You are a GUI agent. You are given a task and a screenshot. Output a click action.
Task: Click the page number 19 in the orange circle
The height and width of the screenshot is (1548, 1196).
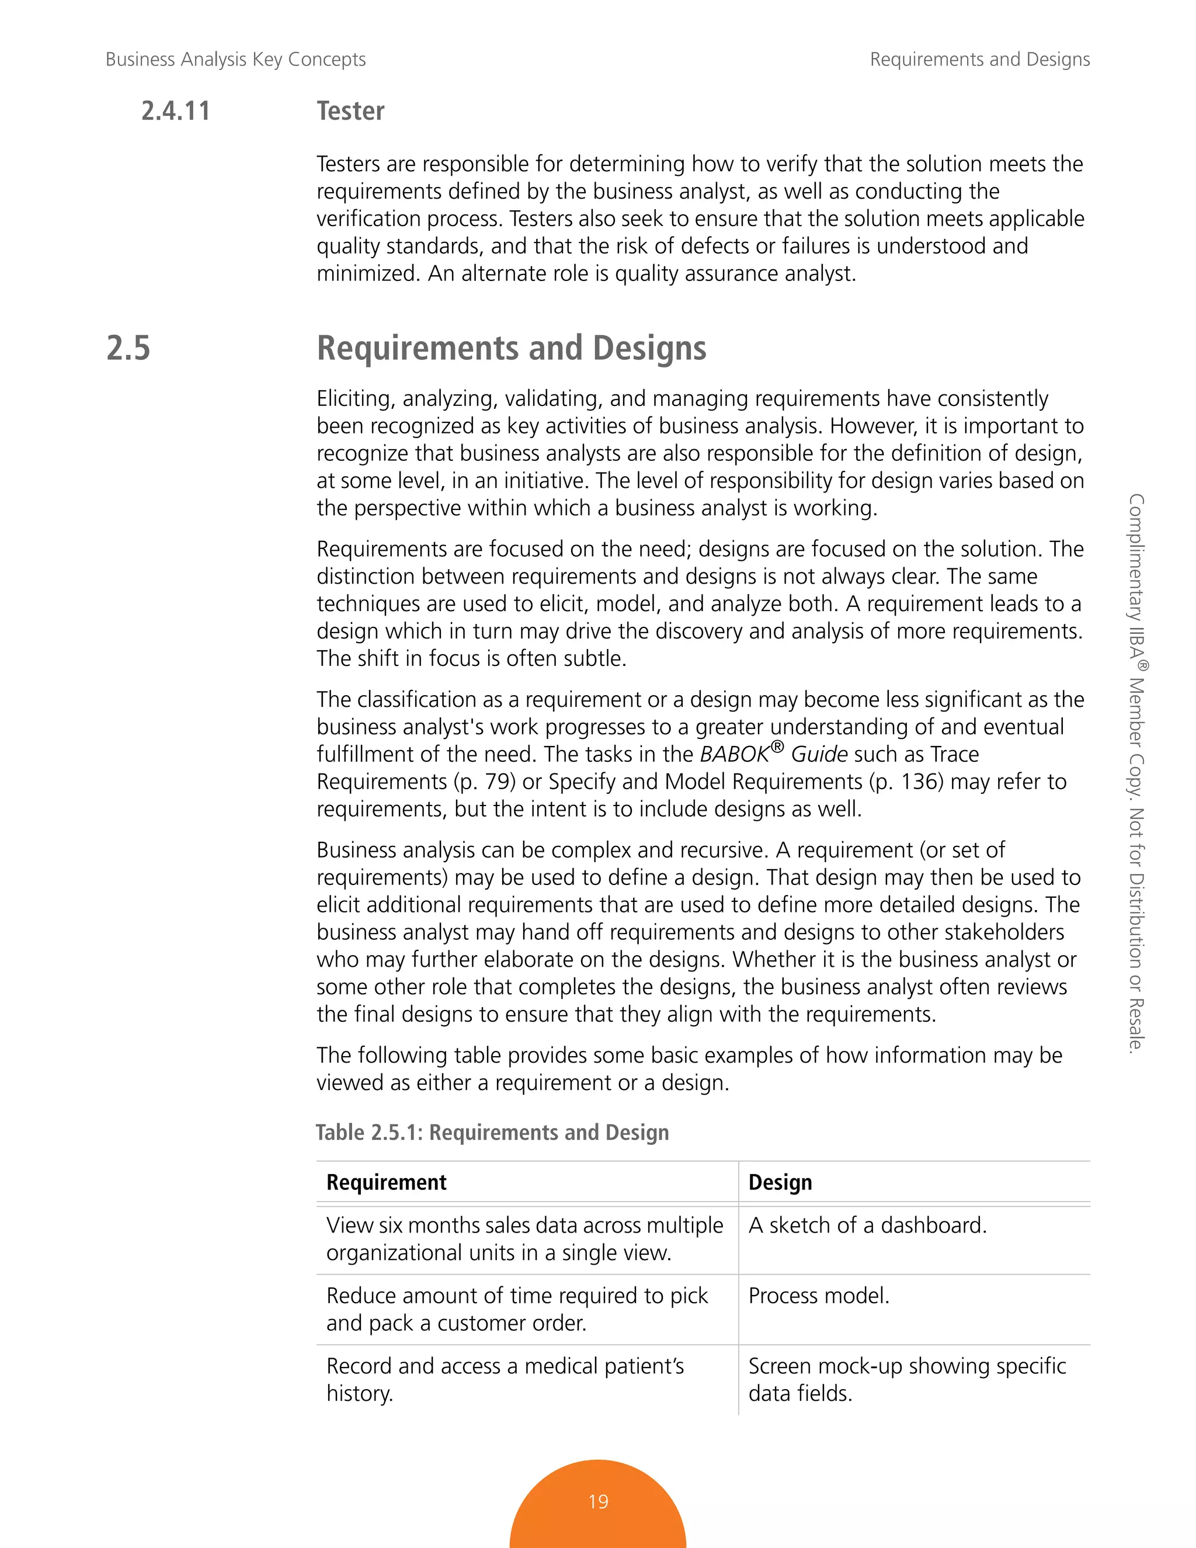(598, 1501)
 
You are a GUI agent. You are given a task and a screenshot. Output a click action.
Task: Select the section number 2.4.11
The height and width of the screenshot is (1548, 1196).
(176, 111)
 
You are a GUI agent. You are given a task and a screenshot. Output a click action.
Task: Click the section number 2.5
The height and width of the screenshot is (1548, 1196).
(128, 348)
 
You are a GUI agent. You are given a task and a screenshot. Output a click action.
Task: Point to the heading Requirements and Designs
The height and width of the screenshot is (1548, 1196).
(511, 348)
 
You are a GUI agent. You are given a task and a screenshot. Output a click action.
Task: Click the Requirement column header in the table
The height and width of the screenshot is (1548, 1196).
(386, 1182)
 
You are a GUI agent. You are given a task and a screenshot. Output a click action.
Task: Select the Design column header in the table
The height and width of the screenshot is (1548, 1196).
(780, 1182)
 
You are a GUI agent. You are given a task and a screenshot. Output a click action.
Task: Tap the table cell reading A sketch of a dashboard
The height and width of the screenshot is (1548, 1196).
(867, 1226)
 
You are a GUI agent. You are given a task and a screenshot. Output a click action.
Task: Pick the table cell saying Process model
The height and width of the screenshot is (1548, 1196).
(818, 1296)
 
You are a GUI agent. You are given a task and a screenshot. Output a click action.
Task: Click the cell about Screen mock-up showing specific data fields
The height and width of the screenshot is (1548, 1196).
(906, 1379)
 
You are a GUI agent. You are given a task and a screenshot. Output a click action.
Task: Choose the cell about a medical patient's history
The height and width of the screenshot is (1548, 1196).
(505, 1379)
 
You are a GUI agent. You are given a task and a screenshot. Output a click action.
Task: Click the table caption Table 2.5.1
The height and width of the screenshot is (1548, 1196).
(492, 1133)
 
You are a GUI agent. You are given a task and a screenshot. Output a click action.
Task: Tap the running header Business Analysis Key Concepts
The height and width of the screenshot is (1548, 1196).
(235, 60)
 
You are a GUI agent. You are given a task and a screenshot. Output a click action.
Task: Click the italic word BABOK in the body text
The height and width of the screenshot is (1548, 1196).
(734, 754)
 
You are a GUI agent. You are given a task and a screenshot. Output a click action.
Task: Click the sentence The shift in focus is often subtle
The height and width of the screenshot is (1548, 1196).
(471, 658)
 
